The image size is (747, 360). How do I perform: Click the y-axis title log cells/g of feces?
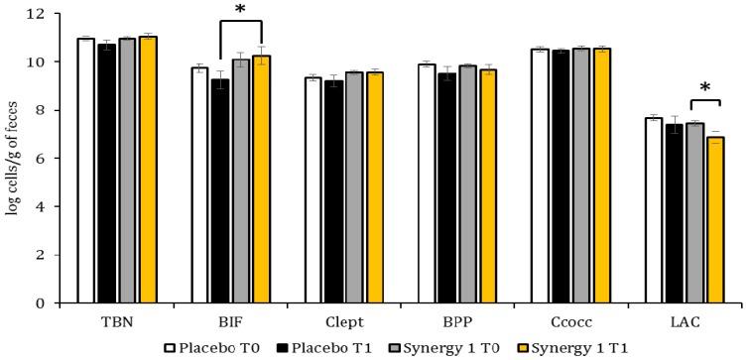pyautogui.click(x=13, y=159)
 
